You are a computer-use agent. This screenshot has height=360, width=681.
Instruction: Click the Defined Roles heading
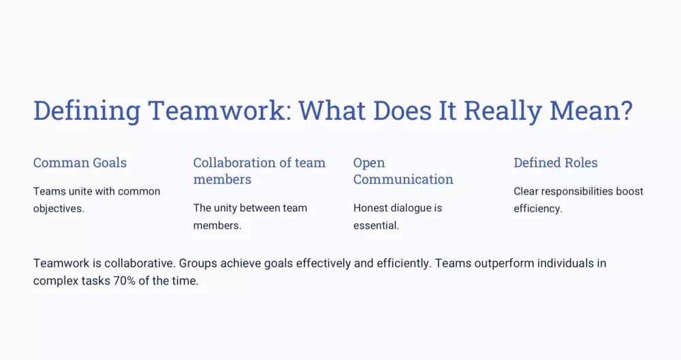coord(556,163)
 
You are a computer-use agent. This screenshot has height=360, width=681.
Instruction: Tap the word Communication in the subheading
coord(403,179)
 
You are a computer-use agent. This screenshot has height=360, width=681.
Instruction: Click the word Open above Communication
coord(368,163)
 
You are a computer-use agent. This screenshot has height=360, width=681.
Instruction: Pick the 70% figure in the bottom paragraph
coord(124,280)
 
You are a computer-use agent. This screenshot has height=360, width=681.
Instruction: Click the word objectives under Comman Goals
coord(59,208)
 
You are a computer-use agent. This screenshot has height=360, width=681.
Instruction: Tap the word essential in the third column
coord(376,225)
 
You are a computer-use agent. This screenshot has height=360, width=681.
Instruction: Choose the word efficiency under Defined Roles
coord(538,208)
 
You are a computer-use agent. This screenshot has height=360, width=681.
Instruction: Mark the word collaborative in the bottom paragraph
coord(140,263)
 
